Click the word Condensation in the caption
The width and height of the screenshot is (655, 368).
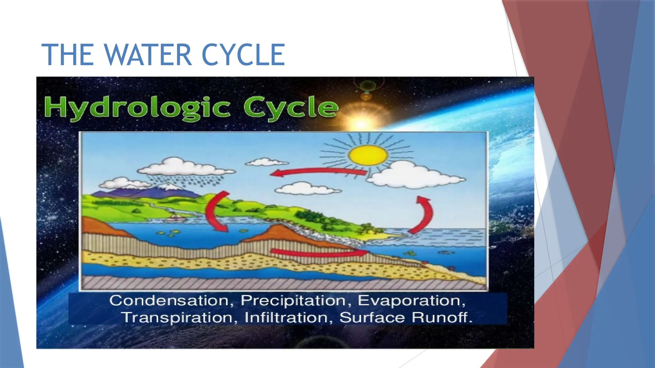tap(169, 301)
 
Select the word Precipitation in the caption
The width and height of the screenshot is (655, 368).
tap(293, 301)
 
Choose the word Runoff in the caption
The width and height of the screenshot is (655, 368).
tap(442, 318)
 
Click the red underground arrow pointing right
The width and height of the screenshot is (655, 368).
tap(320, 252)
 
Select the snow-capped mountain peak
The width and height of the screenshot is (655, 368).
tap(167, 187)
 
